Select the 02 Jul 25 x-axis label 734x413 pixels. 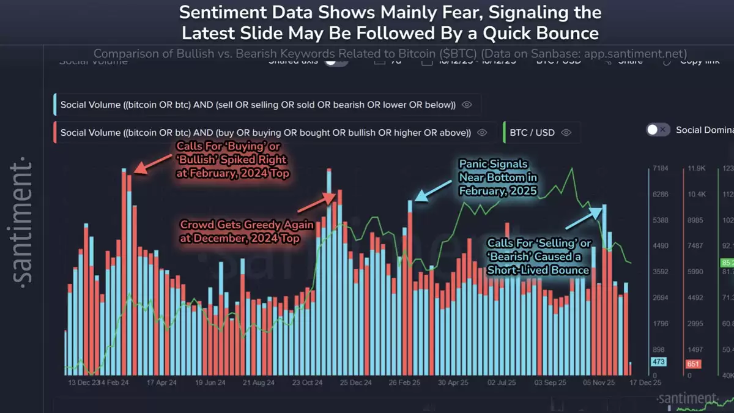click(x=504, y=382)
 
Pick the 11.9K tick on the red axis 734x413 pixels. click(x=696, y=168)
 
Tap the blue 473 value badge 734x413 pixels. click(x=658, y=362)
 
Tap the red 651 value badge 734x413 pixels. click(x=692, y=363)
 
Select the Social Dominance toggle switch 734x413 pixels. click(x=658, y=130)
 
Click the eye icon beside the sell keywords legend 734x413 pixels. click(x=467, y=105)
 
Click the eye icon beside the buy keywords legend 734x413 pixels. click(x=482, y=132)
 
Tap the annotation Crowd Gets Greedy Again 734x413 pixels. click(x=247, y=231)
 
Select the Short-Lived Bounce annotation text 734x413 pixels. click(x=538, y=257)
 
